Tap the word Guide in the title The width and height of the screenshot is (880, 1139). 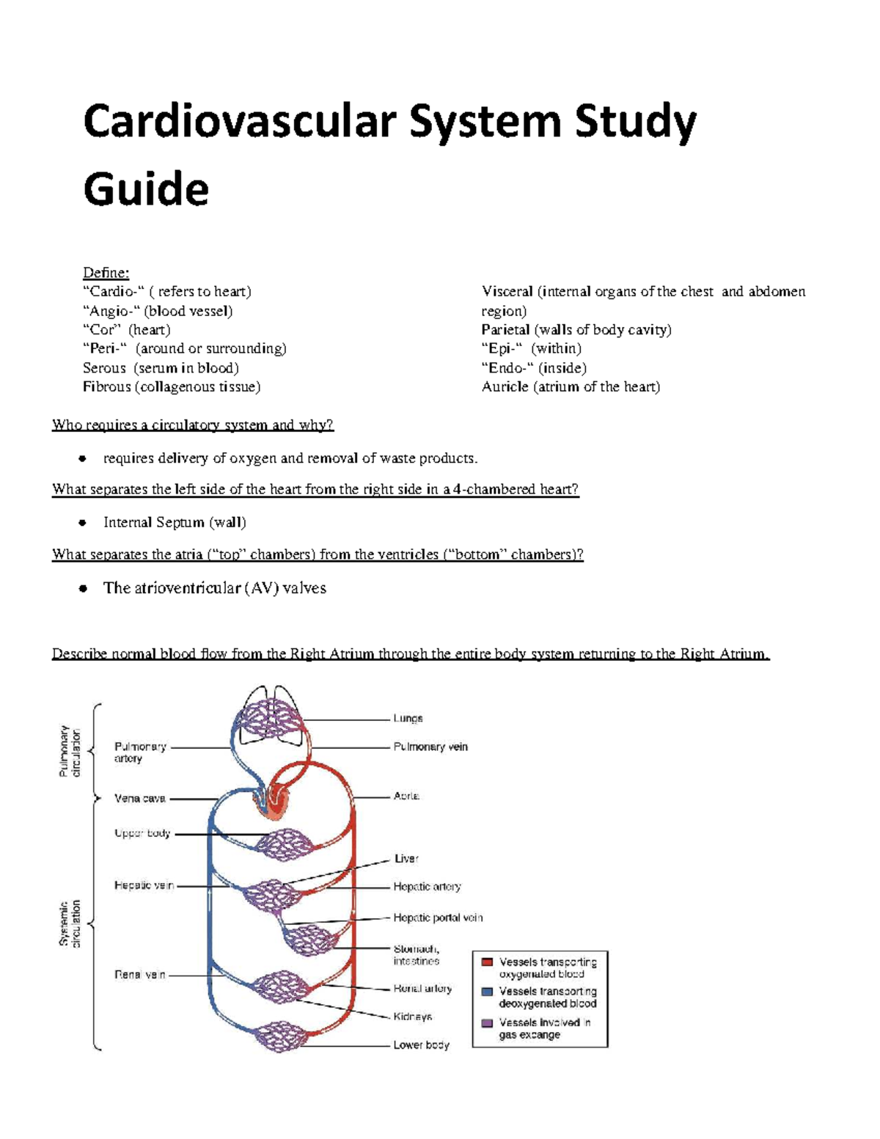point(146,189)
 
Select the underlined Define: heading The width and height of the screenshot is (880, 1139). point(106,273)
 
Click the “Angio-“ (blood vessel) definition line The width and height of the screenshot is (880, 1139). point(158,311)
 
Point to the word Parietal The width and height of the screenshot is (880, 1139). point(505,330)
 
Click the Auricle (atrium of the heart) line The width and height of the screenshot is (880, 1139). point(571,387)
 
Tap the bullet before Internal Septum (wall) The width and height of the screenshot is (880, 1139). point(83,523)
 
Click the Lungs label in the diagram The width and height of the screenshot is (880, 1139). point(408,719)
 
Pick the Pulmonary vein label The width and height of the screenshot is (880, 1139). point(430,747)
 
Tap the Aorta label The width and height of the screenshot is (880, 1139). point(406,796)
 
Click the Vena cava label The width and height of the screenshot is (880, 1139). point(139,799)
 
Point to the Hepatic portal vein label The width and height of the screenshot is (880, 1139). point(438,918)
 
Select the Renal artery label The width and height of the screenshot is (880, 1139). point(422,989)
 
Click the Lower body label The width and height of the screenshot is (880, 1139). point(421,1045)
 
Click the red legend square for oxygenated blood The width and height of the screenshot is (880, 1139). point(487,962)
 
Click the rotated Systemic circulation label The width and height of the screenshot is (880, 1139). point(70,923)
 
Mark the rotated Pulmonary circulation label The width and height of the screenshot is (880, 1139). point(70,751)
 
